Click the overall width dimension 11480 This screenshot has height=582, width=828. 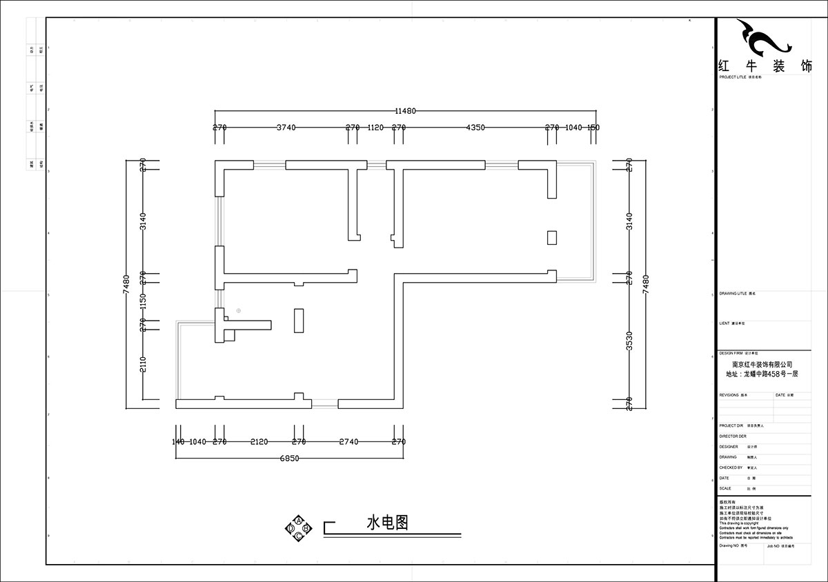click(x=406, y=111)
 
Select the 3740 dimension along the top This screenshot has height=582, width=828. click(x=286, y=128)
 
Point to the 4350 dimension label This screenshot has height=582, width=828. click(x=475, y=128)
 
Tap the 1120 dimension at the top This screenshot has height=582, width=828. click(x=375, y=128)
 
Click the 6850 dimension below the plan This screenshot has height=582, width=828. click(x=289, y=458)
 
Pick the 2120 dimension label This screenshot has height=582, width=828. click(x=259, y=442)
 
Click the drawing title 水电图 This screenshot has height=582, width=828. click(x=387, y=523)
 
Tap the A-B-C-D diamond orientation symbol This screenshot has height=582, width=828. click(x=298, y=528)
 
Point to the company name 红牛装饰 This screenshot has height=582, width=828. click(x=764, y=68)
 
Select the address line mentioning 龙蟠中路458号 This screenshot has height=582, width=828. click(x=762, y=374)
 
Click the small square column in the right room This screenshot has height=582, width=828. click(x=551, y=237)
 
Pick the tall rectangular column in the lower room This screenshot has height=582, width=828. click(x=299, y=321)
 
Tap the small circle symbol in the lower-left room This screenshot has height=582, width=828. click(x=238, y=310)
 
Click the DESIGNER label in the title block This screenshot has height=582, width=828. click(x=729, y=447)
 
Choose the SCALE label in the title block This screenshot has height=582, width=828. click(x=724, y=488)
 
